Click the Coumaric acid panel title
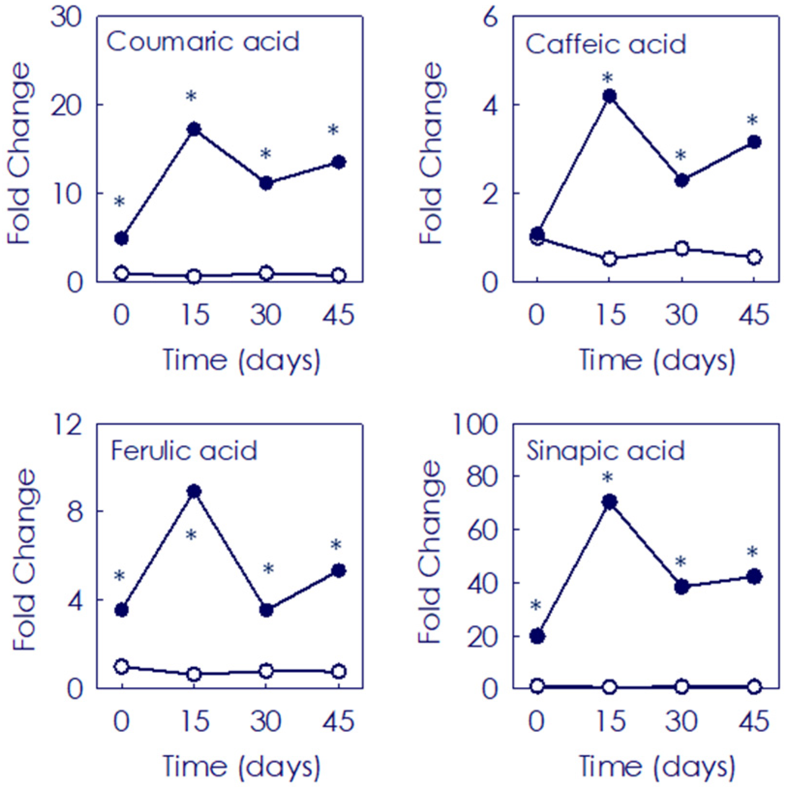point(203,42)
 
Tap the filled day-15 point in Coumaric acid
point(194,129)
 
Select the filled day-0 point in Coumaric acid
point(121,238)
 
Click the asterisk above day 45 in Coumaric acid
point(333,130)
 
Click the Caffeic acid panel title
point(606,45)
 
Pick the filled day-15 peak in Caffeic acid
point(610,96)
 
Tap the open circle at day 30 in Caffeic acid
point(682,249)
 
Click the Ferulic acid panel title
point(184,451)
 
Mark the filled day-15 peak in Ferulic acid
point(194,491)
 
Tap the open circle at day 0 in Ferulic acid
point(121,667)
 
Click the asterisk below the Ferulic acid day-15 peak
point(191,536)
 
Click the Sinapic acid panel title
point(606,451)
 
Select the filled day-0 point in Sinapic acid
point(537,636)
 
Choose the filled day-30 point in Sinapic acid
point(682,587)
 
